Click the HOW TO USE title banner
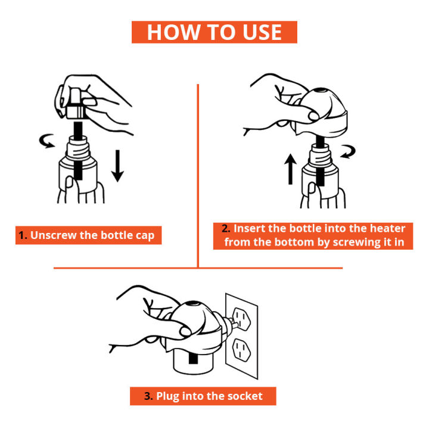[x=214, y=32]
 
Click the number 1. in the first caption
[x=23, y=235]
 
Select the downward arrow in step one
[x=117, y=167]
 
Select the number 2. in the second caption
[x=226, y=229]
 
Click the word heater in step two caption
[x=386, y=229]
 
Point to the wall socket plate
[x=241, y=334]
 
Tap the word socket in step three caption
[x=245, y=396]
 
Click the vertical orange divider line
[x=197, y=176]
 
